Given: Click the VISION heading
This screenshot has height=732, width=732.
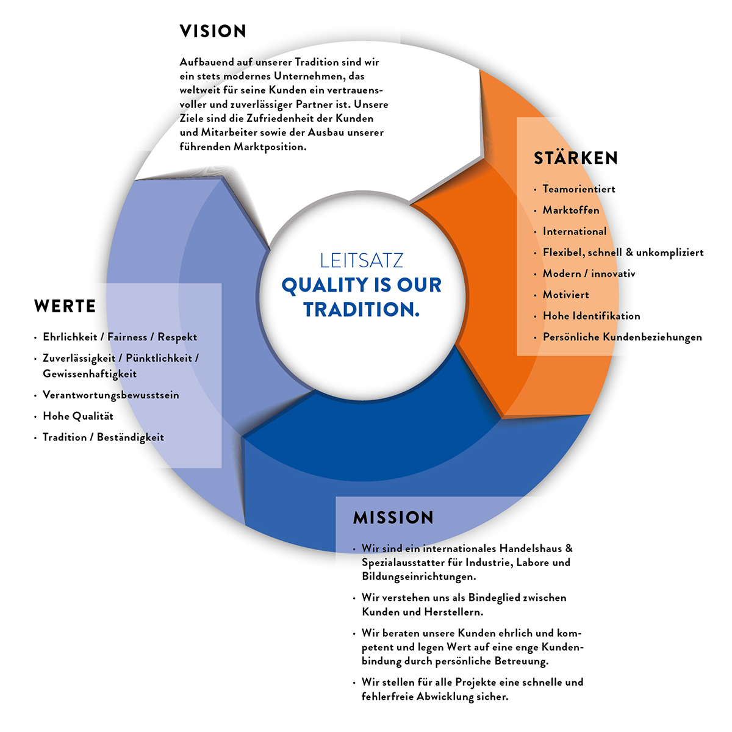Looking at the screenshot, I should (213, 31).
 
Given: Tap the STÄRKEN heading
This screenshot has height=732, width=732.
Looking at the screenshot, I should (576, 158).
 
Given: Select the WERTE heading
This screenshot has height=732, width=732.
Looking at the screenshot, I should (65, 306).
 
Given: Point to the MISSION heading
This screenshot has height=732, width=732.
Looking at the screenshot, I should (393, 518).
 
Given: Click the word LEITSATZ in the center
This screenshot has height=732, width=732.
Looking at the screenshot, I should (362, 260).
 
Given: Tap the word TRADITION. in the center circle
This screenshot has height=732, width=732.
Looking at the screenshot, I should (362, 310).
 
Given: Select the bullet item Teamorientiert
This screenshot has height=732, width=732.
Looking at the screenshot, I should (579, 189).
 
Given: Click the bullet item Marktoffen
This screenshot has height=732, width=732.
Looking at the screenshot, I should (571, 210).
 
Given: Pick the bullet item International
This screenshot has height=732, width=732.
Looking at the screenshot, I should (575, 231).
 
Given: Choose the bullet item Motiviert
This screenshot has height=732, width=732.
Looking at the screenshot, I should (566, 295).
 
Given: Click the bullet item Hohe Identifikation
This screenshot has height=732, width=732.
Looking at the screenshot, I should (591, 316).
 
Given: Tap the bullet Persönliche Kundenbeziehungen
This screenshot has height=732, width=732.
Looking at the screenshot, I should (622, 337).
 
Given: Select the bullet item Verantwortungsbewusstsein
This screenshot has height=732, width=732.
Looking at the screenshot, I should (111, 395).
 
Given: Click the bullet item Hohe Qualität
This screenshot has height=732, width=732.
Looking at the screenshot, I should (78, 416).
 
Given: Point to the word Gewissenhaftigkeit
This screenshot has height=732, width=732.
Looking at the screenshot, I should (90, 373).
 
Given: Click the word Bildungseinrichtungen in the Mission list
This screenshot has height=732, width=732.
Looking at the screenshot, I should (418, 576).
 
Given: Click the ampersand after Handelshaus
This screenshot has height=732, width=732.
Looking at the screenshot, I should (569, 548).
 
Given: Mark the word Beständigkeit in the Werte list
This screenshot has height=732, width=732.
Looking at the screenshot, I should (131, 437).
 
